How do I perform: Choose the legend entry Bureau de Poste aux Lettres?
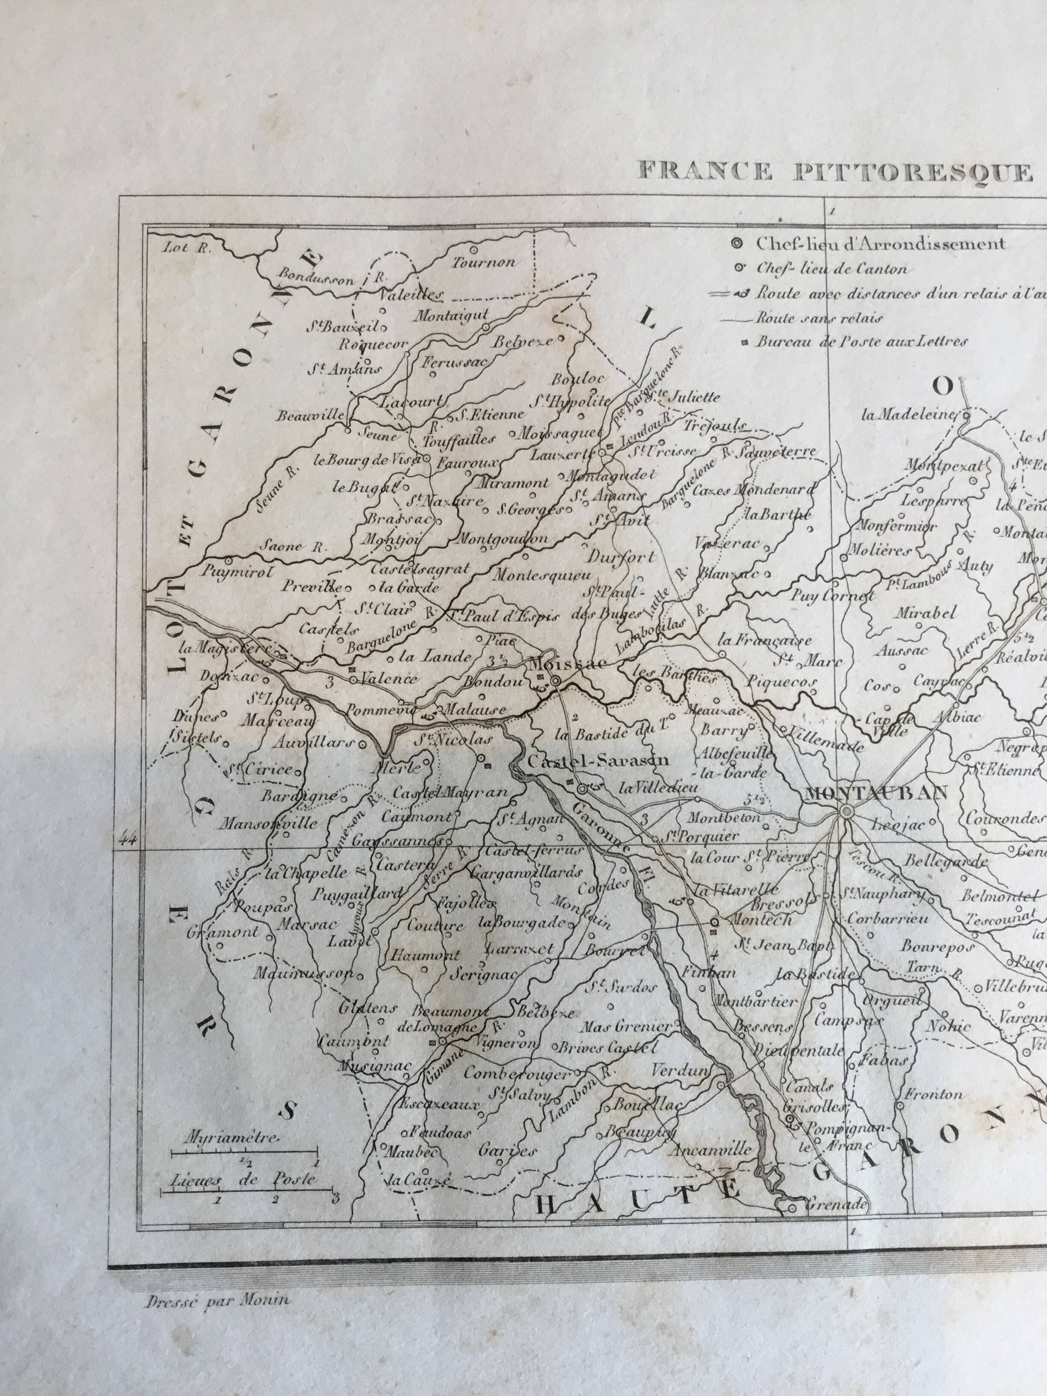click(861, 342)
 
